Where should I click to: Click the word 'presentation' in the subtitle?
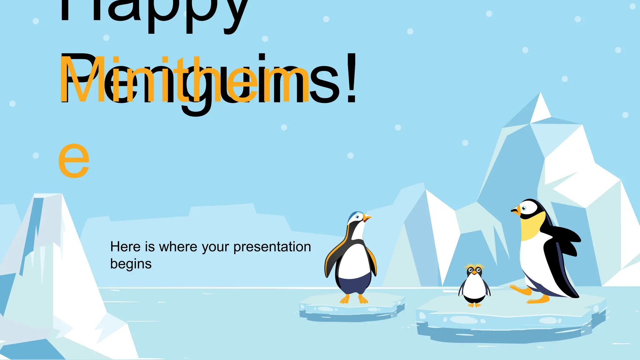coord(272,247)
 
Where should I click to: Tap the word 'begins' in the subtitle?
coord(131,264)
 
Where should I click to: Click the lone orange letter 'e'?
coord(74,160)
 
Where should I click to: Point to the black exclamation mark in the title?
coord(352,78)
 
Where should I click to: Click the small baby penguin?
coord(474,286)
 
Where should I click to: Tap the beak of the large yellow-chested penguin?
coord(516,211)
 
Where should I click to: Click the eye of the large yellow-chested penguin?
coord(524,208)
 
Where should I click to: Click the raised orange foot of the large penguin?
coord(521,290)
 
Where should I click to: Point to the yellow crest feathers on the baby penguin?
coord(474,267)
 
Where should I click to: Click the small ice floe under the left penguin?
coord(352,309)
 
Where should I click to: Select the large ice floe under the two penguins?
coord(509,319)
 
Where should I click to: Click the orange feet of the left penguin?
coord(354,300)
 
